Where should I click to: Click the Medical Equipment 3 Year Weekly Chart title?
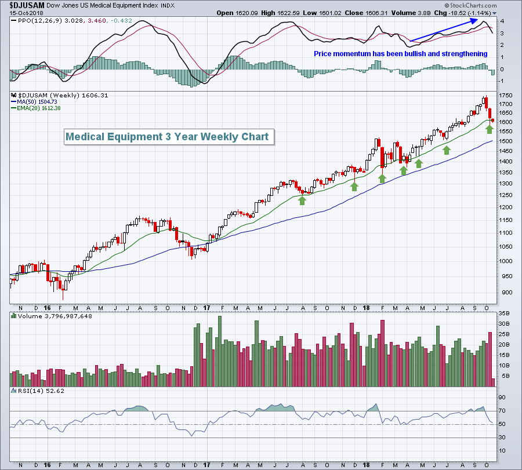tap(167, 137)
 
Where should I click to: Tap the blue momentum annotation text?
tap(400, 54)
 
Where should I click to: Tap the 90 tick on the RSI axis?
tap(502, 398)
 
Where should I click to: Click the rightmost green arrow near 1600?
tap(490, 129)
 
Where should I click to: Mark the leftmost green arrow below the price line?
tap(302, 200)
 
